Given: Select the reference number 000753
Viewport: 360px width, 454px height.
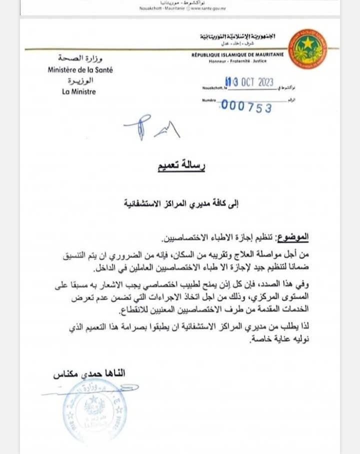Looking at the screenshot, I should (246, 106).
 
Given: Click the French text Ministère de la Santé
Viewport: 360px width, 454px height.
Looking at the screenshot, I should (80, 70).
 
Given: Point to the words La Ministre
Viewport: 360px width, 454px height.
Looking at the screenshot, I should (78, 91).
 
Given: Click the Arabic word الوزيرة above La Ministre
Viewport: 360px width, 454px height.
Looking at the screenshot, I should (80, 81).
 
